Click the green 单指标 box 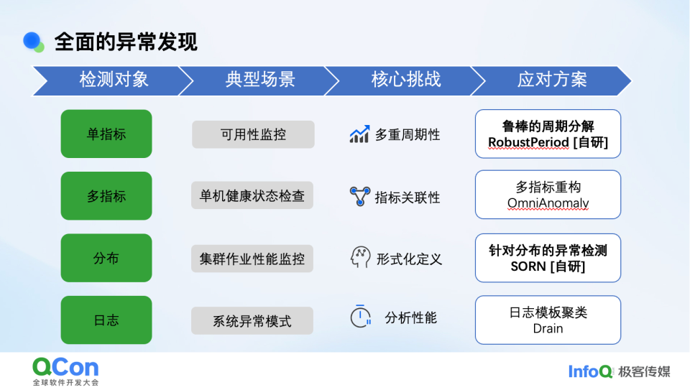[106, 134]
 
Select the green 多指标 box [106, 196]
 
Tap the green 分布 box [106, 258]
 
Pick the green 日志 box [106, 320]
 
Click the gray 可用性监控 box [253, 134]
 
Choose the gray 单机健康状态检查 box [252, 195]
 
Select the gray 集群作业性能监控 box [252, 259]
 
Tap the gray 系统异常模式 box [252, 320]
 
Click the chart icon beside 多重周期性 [359, 134]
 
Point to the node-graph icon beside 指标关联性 [359, 196]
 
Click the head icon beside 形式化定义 [360, 258]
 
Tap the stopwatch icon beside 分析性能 [360, 317]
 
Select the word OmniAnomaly [548, 204]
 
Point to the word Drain [548, 328]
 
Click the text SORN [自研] [548, 266]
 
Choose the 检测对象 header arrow [108, 80]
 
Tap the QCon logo [65, 370]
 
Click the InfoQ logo [590, 371]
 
